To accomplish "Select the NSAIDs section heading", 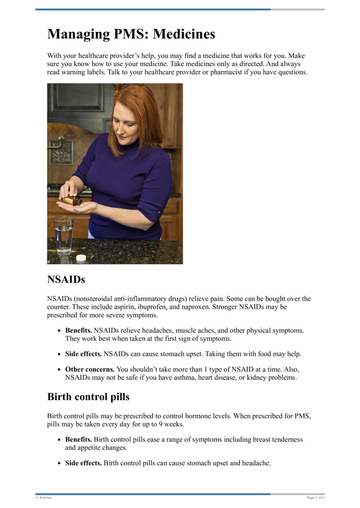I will point(66,280).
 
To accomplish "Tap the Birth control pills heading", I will point(88,397).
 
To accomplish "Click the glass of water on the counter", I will point(63,235).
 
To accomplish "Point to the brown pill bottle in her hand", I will point(72,200).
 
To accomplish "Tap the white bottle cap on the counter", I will point(81,258).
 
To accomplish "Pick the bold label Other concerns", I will point(90,369).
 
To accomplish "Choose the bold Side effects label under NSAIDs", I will point(84,354).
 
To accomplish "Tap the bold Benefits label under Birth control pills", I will point(79,439).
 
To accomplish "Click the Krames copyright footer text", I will point(44,498).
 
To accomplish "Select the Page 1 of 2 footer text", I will point(315,498).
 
